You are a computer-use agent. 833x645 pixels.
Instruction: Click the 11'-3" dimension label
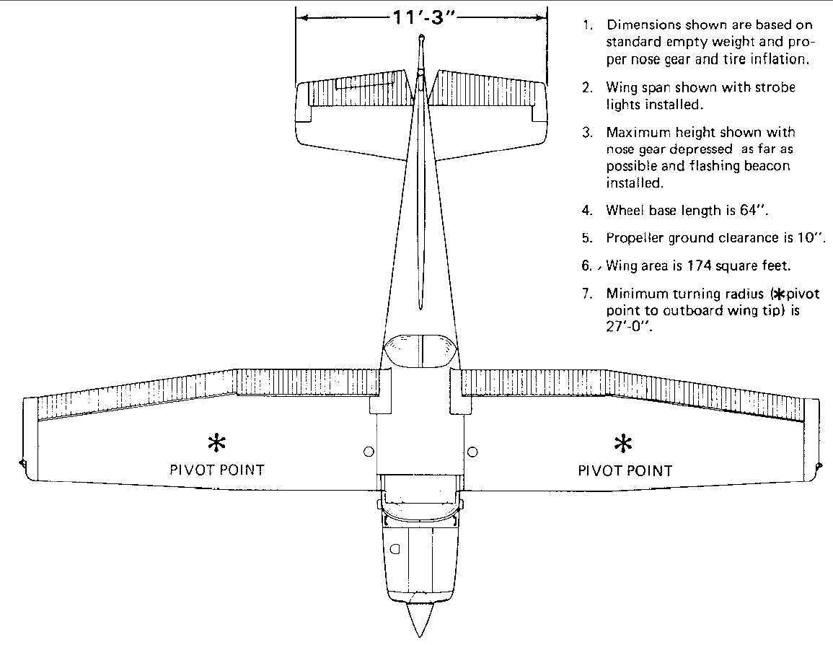pyautogui.click(x=423, y=17)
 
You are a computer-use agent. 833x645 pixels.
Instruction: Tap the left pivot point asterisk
pyautogui.click(x=217, y=443)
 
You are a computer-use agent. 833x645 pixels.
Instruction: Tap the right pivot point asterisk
pyautogui.click(x=622, y=444)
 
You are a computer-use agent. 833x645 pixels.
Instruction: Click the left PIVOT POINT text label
pyautogui.click(x=217, y=470)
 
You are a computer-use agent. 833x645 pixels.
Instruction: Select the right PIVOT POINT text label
pyautogui.click(x=625, y=470)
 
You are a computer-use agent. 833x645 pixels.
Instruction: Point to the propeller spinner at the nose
pyautogui.click(x=420, y=618)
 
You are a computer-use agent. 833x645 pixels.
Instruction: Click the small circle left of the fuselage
pyautogui.click(x=369, y=452)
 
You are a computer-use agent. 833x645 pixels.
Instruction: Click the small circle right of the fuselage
pyautogui.click(x=472, y=452)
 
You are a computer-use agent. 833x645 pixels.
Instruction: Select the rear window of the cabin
pyautogui.click(x=420, y=351)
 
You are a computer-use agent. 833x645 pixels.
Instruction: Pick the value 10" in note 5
pyautogui.click(x=812, y=237)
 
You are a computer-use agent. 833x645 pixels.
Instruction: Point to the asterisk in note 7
pyautogui.click(x=780, y=294)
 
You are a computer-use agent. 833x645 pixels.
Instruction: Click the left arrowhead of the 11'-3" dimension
pyautogui.click(x=302, y=17)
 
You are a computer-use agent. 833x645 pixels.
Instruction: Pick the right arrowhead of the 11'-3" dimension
pyautogui.click(x=541, y=17)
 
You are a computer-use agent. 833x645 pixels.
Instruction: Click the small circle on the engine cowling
pyautogui.click(x=395, y=549)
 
